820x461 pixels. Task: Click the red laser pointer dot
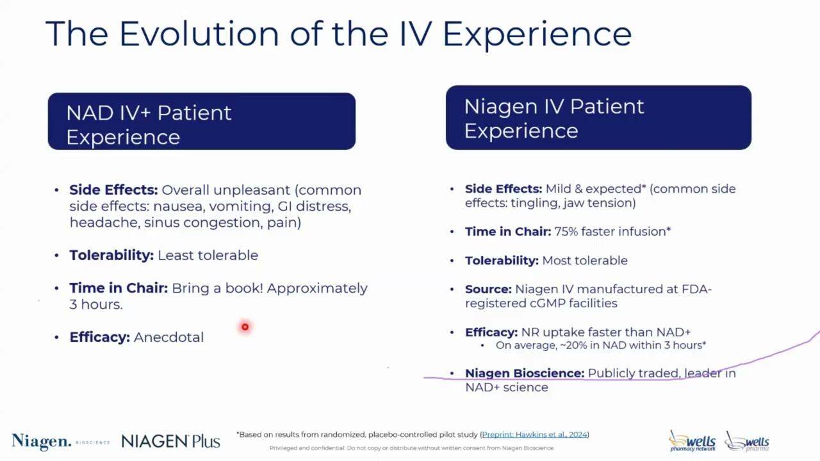(245, 327)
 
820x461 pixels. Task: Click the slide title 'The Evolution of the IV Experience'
(338, 33)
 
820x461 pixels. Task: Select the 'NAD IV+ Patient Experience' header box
(201, 122)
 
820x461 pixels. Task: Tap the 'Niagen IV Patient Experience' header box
(598, 118)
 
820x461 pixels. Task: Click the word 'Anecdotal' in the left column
(168, 337)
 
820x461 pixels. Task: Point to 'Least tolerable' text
(208, 255)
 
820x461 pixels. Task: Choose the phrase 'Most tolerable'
(584, 261)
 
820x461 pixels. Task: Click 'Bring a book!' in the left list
(217, 288)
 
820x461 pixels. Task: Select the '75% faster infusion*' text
(612, 232)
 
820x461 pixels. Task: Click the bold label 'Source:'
(488, 289)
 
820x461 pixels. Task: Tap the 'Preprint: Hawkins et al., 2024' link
(534, 435)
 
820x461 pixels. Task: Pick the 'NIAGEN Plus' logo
(170, 441)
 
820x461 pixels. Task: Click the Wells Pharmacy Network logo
(692, 441)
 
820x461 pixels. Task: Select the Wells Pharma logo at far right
(748, 441)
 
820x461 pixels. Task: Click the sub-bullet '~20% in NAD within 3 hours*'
(600, 346)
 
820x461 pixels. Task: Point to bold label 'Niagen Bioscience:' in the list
(524, 373)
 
